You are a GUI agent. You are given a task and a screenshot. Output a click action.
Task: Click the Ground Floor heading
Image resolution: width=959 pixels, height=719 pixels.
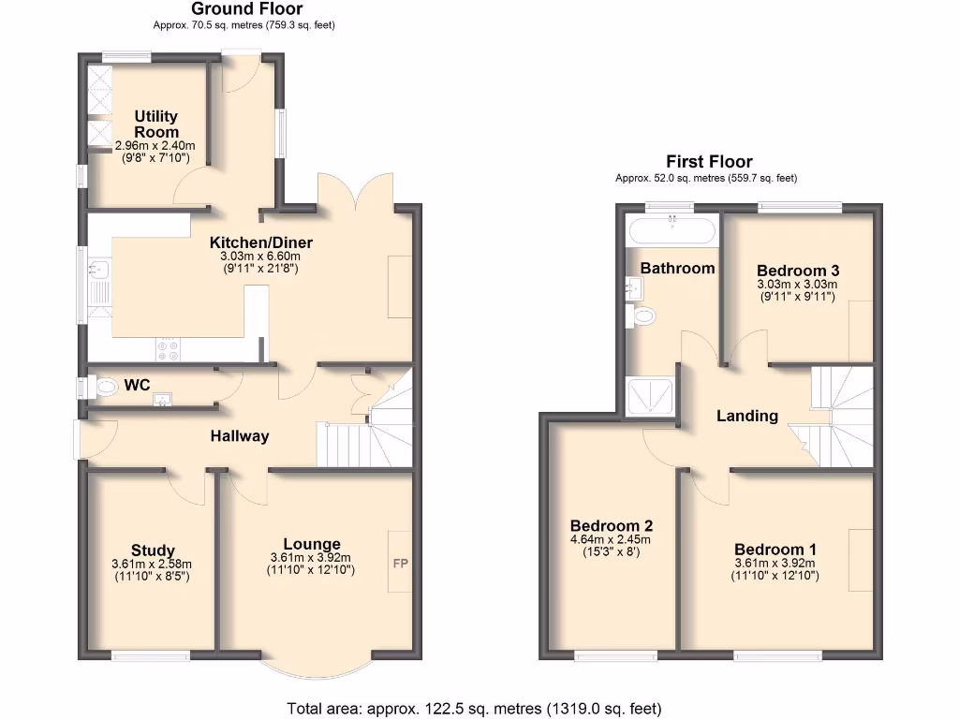point(234,9)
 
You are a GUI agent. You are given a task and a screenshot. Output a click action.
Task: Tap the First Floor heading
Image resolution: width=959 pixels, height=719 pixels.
point(709,162)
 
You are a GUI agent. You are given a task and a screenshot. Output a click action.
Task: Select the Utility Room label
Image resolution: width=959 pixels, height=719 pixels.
point(155,124)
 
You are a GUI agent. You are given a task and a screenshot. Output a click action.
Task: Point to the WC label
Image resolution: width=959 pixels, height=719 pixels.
point(138,385)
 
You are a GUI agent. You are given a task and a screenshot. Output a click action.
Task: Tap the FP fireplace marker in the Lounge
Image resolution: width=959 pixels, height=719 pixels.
point(399,564)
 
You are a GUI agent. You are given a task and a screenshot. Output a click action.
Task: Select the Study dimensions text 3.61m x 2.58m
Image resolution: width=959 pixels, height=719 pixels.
point(151,565)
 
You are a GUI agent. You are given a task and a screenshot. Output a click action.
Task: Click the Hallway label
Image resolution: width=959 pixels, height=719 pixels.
point(239,435)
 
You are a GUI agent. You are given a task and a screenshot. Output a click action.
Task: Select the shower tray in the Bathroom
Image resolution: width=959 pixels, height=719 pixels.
point(648,397)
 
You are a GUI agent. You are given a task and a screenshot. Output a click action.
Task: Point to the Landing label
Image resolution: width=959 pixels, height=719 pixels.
point(747,416)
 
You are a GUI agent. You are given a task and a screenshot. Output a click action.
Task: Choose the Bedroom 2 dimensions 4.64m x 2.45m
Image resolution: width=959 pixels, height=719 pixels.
point(610,539)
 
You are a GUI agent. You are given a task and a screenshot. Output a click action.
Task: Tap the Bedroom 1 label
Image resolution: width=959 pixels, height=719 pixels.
point(775,550)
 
